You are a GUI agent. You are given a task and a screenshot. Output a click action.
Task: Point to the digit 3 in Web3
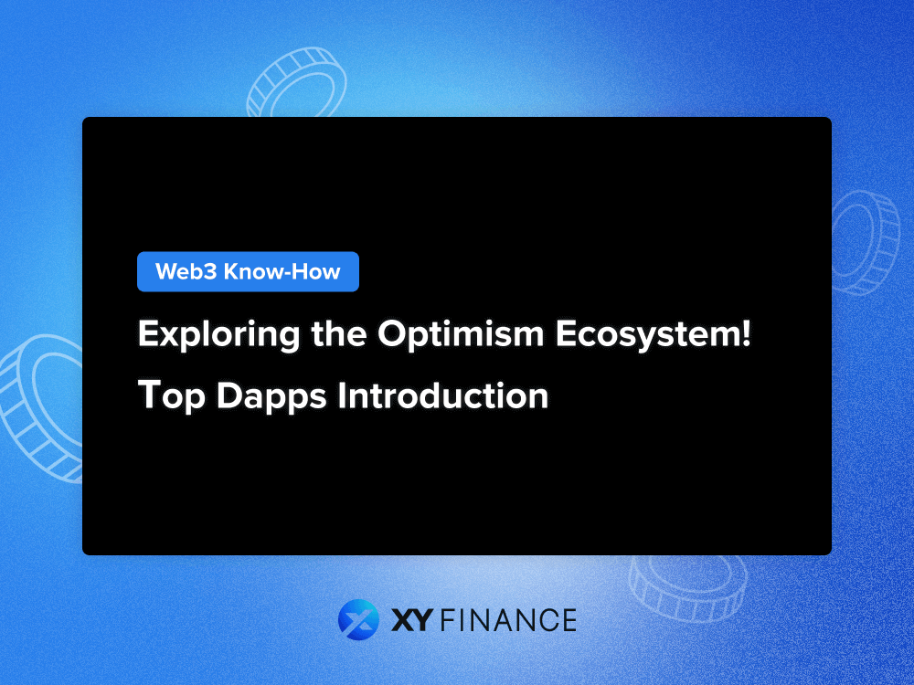pyautogui.click(x=212, y=271)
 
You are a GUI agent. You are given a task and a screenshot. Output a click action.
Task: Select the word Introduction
pyautogui.click(x=442, y=395)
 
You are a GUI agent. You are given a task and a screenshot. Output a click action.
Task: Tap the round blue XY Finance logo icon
pyautogui.click(x=357, y=619)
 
